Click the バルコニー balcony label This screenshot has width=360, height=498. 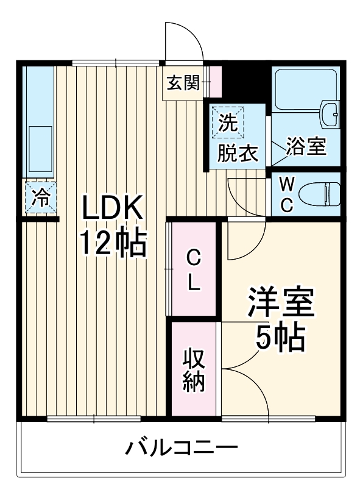[x=182, y=450]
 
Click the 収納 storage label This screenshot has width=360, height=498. [x=194, y=369]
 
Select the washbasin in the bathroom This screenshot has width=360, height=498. [x=330, y=113]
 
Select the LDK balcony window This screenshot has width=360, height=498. [x=94, y=419]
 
